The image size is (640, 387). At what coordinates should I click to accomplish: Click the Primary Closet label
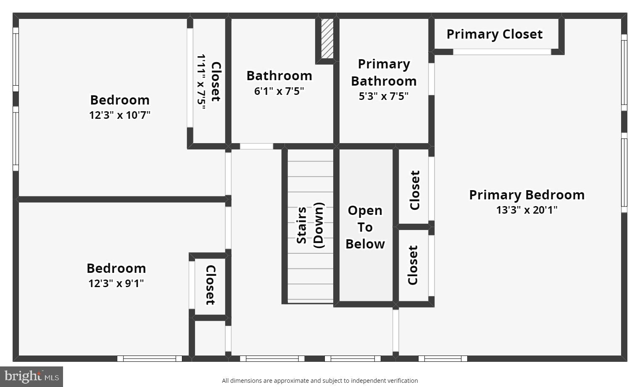494,34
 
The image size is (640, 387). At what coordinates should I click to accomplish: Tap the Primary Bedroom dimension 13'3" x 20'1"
527,210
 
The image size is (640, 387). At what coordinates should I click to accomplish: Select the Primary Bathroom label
384,72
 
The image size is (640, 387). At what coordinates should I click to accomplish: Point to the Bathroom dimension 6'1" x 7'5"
279,91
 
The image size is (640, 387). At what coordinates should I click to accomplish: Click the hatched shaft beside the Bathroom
327,39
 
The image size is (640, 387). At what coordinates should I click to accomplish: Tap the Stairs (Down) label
310,225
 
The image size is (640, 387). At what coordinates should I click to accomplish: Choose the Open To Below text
365,227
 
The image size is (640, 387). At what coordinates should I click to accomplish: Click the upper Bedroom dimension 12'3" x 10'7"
120,115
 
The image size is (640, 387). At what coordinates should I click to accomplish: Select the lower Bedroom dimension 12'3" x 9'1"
116,283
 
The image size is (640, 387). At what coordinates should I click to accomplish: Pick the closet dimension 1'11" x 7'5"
201,82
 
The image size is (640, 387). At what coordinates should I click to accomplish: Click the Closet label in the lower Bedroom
210,285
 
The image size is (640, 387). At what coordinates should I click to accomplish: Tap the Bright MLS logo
32,377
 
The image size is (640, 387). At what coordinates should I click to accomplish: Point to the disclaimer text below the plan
320,381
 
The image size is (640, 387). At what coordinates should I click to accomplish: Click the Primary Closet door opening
502,52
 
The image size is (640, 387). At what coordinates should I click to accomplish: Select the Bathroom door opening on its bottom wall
256,146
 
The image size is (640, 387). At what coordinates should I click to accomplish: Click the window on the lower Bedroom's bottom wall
149,358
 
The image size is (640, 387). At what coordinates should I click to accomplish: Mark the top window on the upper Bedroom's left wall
16,60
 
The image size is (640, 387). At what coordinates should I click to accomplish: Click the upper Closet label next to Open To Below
415,190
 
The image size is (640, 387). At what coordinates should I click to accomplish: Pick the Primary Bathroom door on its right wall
431,79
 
